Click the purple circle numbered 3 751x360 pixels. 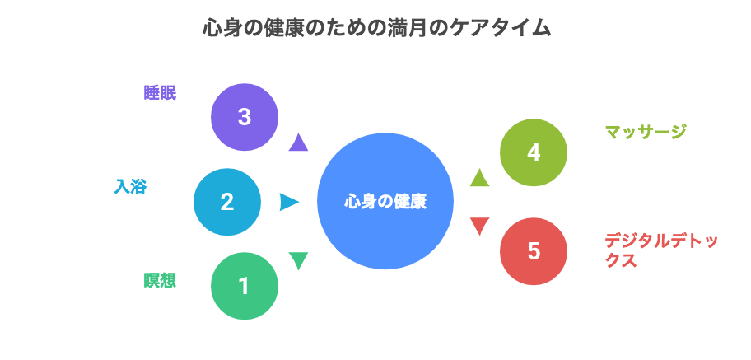[x=245, y=117]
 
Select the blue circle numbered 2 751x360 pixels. [x=227, y=202]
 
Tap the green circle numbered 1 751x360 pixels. [x=245, y=286]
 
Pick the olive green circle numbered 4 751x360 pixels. [x=534, y=152]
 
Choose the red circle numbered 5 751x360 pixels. [x=534, y=251]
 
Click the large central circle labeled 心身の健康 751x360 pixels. [x=385, y=201]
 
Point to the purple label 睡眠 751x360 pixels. [x=160, y=93]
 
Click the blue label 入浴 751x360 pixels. [x=130, y=186]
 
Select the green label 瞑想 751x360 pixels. [x=160, y=280]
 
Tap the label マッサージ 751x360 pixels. [x=645, y=131]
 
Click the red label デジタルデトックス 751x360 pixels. [x=661, y=250]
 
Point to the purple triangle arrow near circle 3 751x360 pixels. [x=298, y=143]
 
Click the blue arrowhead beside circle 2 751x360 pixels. [x=289, y=202]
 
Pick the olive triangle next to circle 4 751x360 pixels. [x=479, y=177]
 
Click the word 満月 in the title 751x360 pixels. [x=408, y=29]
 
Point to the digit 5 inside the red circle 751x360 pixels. [x=534, y=251]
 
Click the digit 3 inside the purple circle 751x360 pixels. [x=245, y=117]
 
